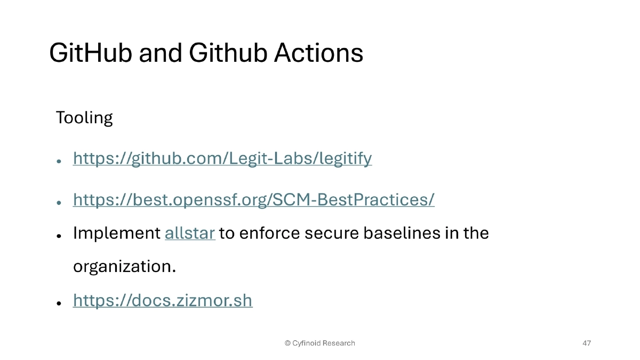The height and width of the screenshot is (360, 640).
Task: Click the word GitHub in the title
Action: [91, 53]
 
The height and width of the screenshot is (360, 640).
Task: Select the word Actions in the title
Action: [319, 53]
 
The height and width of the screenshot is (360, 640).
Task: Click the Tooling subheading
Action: [84, 117]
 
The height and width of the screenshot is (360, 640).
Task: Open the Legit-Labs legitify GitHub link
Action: [222, 158]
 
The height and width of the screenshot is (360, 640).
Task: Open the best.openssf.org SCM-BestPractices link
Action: [253, 199]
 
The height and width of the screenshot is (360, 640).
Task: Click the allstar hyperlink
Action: [190, 233]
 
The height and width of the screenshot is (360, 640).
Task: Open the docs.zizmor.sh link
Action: [163, 301]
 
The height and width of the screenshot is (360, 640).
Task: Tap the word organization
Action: [124, 266]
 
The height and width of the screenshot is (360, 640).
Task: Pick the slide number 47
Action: [587, 343]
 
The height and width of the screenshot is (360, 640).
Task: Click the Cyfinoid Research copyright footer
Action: [320, 343]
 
